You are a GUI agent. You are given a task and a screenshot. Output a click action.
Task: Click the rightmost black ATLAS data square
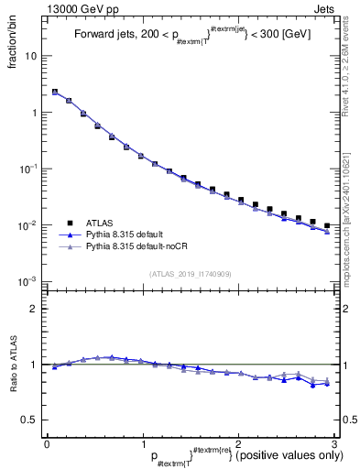pyautogui.click(x=327, y=225)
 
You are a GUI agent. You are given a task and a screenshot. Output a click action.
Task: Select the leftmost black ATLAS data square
pyautogui.click(x=55, y=92)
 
